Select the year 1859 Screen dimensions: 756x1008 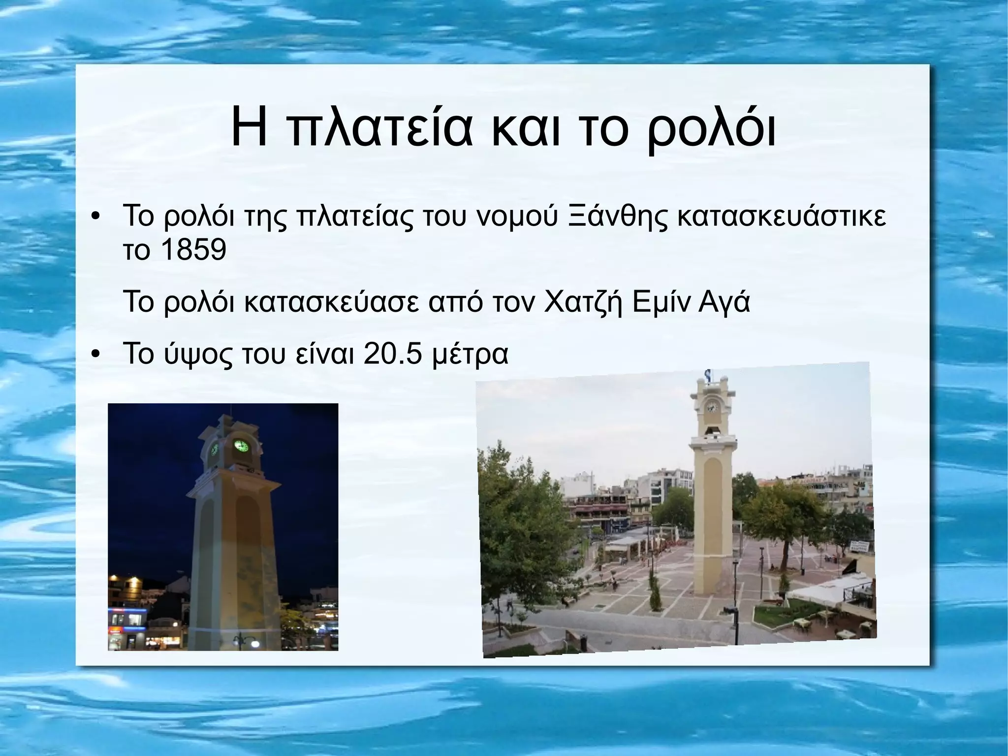click(193, 251)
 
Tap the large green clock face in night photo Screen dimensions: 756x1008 click(241, 446)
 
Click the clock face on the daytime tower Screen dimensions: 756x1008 click(711, 407)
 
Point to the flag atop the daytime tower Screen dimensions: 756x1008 click(708, 375)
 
